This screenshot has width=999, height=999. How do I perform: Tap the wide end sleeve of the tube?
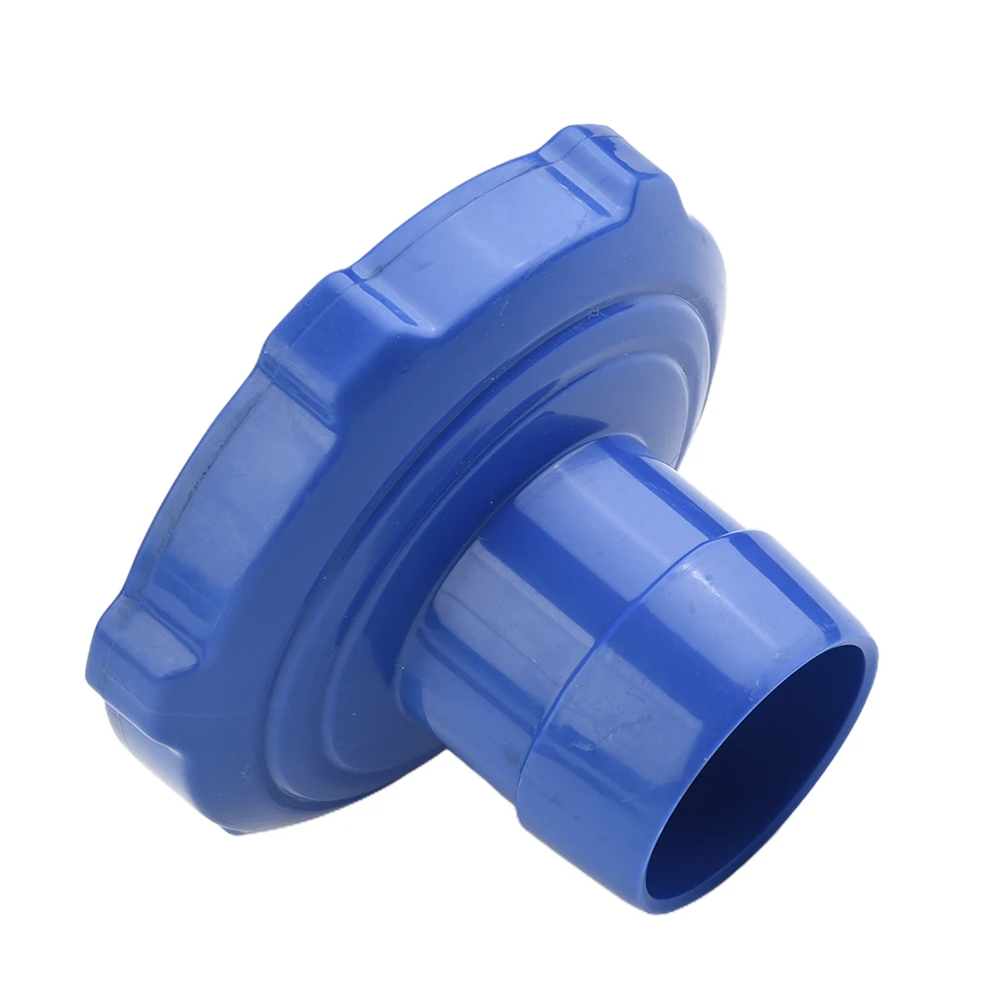pyautogui.click(x=639, y=699)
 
